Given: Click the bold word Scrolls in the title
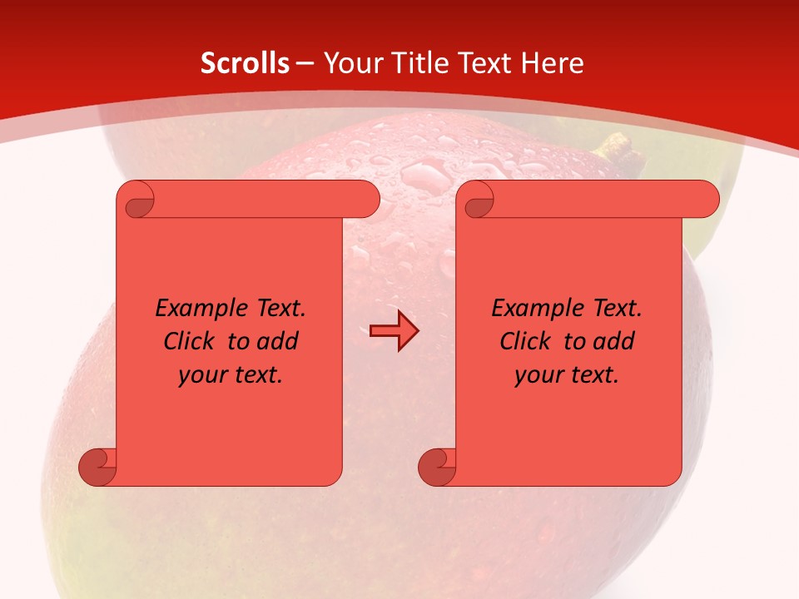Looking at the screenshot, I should (245, 63).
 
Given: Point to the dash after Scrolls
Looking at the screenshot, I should (305, 64).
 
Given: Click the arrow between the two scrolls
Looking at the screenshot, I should (394, 332).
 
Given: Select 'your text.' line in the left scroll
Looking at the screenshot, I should (231, 375).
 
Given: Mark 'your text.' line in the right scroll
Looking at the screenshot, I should (567, 375).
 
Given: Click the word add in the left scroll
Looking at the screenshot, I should (278, 342).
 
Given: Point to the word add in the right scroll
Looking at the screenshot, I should (614, 342).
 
